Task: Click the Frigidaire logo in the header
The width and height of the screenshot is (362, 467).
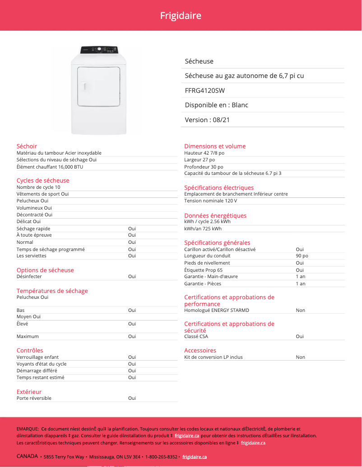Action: point(181,16)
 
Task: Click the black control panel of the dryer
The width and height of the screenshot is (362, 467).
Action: point(99,50)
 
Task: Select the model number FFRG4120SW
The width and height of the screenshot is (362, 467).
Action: point(205,91)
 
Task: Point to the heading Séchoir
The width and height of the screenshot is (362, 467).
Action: point(27,146)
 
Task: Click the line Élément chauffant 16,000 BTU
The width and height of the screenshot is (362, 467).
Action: point(50,167)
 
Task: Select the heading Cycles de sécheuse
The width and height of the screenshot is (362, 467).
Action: point(43,180)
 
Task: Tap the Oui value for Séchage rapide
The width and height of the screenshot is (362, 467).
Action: point(132,229)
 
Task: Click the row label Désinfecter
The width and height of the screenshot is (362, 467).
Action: point(29,276)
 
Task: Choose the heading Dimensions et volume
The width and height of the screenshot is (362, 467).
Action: point(215,146)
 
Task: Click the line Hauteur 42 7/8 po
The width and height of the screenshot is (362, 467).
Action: point(204,153)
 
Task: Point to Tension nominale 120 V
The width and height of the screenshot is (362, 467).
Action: point(210,201)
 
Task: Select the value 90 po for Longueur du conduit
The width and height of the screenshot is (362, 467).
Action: point(302,256)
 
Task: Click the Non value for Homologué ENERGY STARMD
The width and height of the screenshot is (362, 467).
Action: point(300,310)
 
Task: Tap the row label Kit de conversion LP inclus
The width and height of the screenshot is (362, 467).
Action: point(213,357)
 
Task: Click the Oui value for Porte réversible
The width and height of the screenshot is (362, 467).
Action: point(132,398)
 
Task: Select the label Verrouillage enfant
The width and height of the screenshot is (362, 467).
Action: point(37,357)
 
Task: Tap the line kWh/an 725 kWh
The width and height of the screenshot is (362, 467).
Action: point(203,229)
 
